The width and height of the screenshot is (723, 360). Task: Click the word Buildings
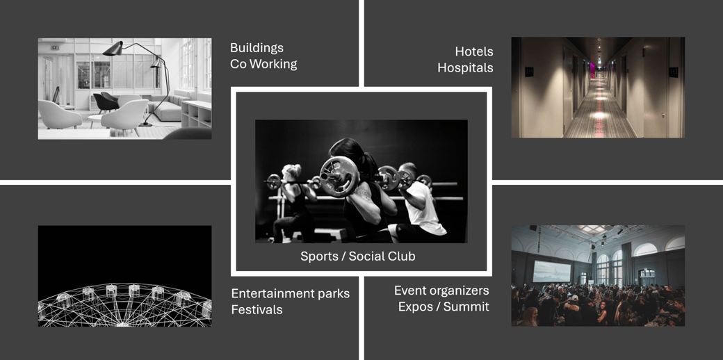pyautogui.click(x=257, y=48)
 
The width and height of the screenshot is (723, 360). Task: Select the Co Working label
pyautogui.click(x=263, y=64)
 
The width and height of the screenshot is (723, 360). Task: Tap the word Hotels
pyautogui.click(x=474, y=51)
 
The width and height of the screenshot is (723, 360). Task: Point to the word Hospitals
pyautogui.click(x=465, y=67)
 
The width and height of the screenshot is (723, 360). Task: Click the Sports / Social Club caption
pyautogui.click(x=358, y=256)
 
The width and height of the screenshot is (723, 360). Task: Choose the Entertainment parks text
pyautogui.click(x=291, y=293)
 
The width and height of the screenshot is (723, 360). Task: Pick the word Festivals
pyautogui.click(x=257, y=309)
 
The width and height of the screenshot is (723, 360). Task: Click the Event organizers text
pyautogui.click(x=441, y=291)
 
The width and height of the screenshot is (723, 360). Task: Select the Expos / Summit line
pyautogui.click(x=444, y=307)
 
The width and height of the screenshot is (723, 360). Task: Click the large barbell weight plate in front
pyautogui.click(x=339, y=177)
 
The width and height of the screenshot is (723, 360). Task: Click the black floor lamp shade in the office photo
pyautogui.click(x=113, y=49)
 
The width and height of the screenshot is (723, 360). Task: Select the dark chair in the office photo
pyautogui.click(x=106, y=102)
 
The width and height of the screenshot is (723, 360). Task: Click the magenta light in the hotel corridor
pyautogui.click(x=592, y=70)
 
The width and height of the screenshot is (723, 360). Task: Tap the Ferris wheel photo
pyautogui.click(x=125, y=276)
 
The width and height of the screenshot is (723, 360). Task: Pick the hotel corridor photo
pyautogui.click(x=598, y=88)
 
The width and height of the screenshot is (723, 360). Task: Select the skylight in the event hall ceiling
pyautogui.click(x=592, y=229)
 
